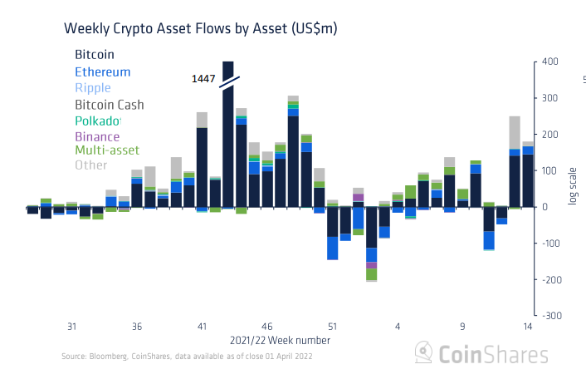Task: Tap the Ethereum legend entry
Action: coord(102,72)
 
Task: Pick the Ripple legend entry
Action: coord(92,88)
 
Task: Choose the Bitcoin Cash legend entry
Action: coord(109,105)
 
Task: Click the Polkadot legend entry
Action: coord(98,121)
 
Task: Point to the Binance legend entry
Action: coord(97,136)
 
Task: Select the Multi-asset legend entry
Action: coord(107,150)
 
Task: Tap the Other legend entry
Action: coord(90,165)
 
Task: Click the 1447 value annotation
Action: coord(203,79)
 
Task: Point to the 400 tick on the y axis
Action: coord(552,62)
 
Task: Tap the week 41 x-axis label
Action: coord(202,326)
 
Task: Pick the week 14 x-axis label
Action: coord(528,326)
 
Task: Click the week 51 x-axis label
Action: coord(332,326)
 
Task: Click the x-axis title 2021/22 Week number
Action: coord(280,341)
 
